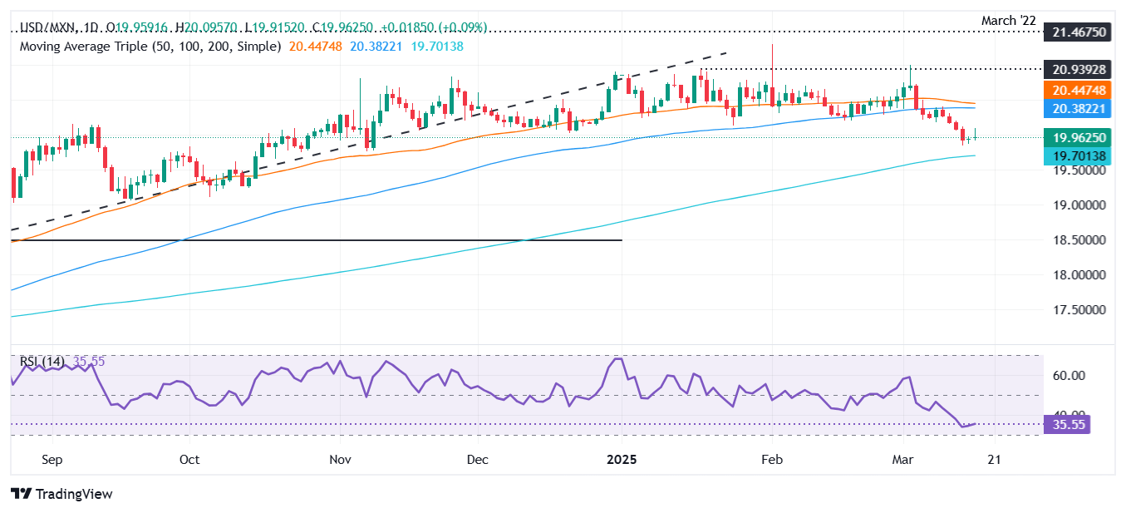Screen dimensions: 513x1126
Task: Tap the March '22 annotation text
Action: pyautogui.click(x=1010, y=18)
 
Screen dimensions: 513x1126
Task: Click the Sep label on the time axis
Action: pyautogui.click(x=52, y=459)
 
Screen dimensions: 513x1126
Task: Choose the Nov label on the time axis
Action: pyautogui.click(x=339, y=459)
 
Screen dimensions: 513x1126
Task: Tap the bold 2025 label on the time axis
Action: pyautogui.click(x=622, y=459)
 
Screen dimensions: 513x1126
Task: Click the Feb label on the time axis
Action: pyautogui.click(x=773, y=459)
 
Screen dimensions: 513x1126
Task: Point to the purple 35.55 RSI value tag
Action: pyautogui.click(x=1069, y=425)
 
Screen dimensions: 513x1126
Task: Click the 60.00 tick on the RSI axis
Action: pyautogui.click(x=1069, y=376)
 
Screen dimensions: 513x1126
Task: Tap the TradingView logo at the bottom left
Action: pyautogui.click(x=62, y=494)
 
